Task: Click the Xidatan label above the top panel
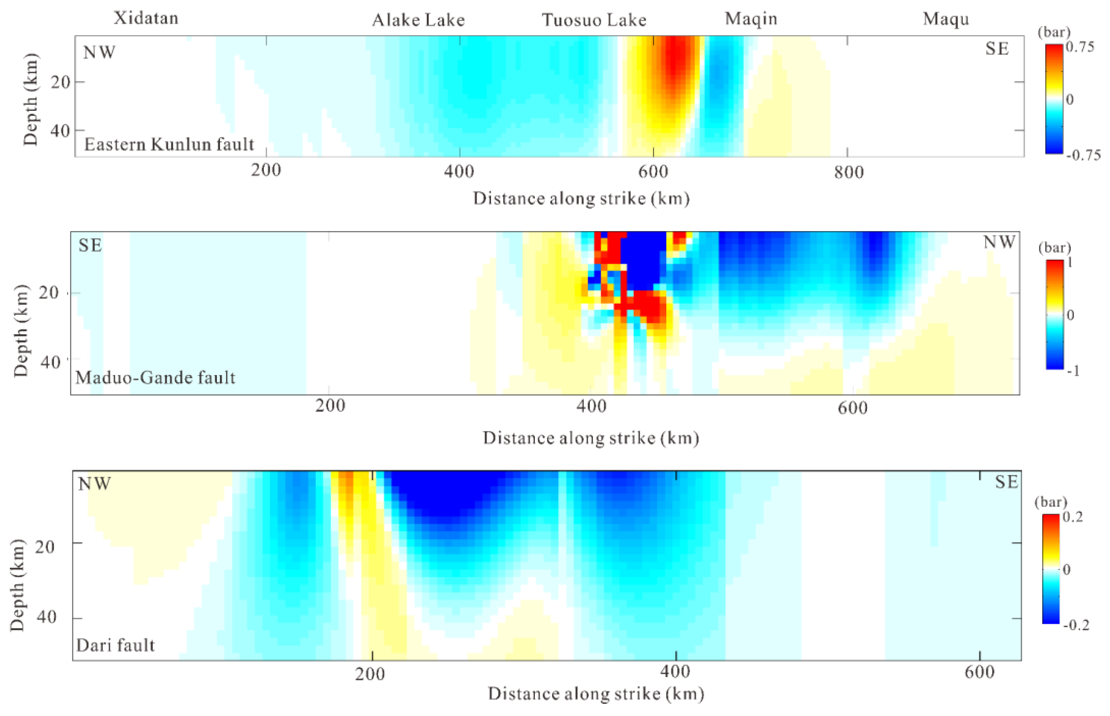click(146, 18)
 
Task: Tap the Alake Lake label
click(418, 20)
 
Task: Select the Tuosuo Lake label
click(594, 20)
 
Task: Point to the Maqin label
click(751, 19)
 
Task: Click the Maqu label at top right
click(946, 19)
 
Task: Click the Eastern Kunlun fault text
click(169, 145)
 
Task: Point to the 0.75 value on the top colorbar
click(1080, 47)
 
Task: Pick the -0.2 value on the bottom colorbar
click(1076, 625)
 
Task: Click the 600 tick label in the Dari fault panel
click(979, 672)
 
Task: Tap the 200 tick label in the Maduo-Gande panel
click(330, 406)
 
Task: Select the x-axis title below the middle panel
click(591, 438)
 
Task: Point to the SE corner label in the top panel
click(997, 49)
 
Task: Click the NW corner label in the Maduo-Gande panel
click(999, 242)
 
